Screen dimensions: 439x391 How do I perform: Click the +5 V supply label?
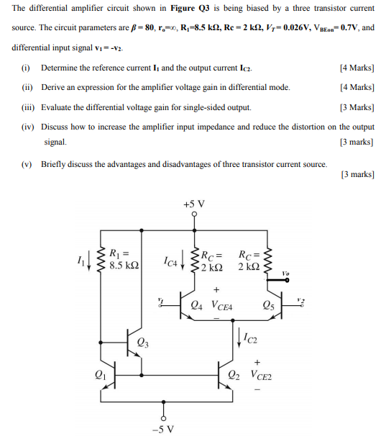[193, 204]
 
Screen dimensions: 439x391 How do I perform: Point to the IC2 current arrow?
[239, 336]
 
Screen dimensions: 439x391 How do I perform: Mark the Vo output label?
[286, 273]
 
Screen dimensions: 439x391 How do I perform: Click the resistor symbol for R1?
[101, 258]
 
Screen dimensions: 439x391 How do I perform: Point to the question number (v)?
[27, 163]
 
